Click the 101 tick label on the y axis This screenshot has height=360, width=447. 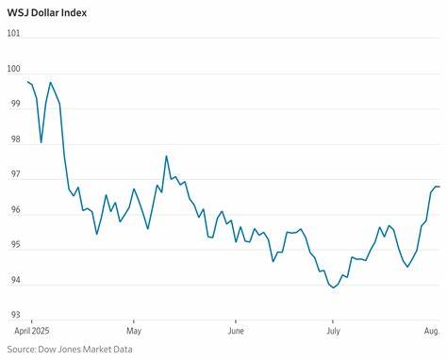pos(13,33)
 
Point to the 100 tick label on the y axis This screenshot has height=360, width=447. pos(13,68)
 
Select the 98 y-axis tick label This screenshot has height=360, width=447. pos(13,139)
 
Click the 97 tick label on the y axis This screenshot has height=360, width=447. pos(13,174)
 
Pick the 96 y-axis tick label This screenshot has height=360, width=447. pos(13,209)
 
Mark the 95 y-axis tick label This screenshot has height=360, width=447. pos(13,245)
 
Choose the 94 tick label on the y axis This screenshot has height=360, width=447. pos(13,280)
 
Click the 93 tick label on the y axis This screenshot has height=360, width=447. pos(13,315)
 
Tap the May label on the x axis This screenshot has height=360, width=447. pos(133,332)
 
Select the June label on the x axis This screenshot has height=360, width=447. pos(236,332)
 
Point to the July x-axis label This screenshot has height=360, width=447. pos(333,332)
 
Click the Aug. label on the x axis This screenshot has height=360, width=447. pos(431,332)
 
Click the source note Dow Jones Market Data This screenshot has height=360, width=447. pos(69,350)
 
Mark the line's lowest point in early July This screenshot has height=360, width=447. pos(334,287)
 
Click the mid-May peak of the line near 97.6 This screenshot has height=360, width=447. pos(166,156)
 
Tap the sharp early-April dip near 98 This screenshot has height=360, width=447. pos(41,142)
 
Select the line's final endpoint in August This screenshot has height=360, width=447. pos(439,187)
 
